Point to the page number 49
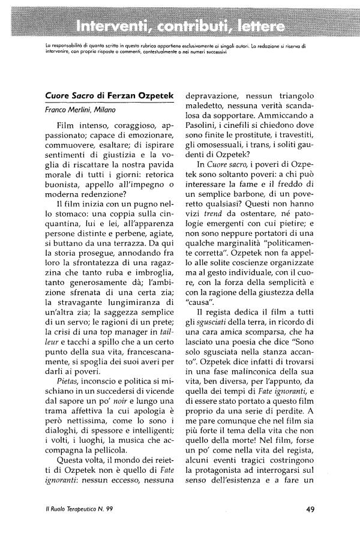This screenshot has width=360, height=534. (310, 510)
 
